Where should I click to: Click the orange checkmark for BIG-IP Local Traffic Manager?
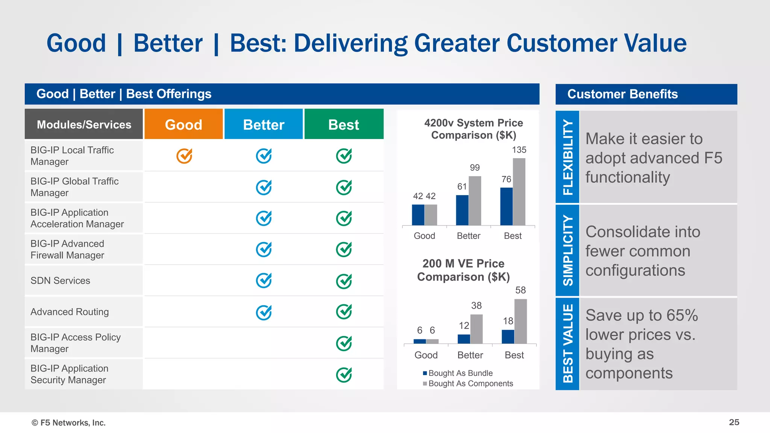tap(184, 156)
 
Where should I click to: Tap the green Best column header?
tap(344, 124)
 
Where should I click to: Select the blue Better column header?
tap(264, 124)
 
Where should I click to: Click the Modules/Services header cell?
tap(84, 124)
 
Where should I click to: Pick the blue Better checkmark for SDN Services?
tap(264, 280)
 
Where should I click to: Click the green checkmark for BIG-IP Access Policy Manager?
tap(344, 343)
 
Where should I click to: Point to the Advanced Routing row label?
tap(70, 312)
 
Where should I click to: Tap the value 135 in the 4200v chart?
tap(519, 150)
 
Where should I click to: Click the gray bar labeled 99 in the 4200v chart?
tap(475, 201)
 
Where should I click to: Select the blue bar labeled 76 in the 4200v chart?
tap(506, 206)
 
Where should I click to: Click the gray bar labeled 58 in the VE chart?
tap(520, 321)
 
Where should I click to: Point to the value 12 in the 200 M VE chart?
tap(464, 326)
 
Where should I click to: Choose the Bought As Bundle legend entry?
tap(458, 373)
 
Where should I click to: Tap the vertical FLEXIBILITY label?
tap(567, 157)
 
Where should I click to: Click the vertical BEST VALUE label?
tap(567, 344)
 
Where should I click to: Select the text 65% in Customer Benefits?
tap(682, 315)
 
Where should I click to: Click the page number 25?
tap(734, 422)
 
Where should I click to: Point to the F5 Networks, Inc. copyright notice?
tap(69, 423)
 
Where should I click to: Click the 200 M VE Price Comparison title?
tap(464, 270)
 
